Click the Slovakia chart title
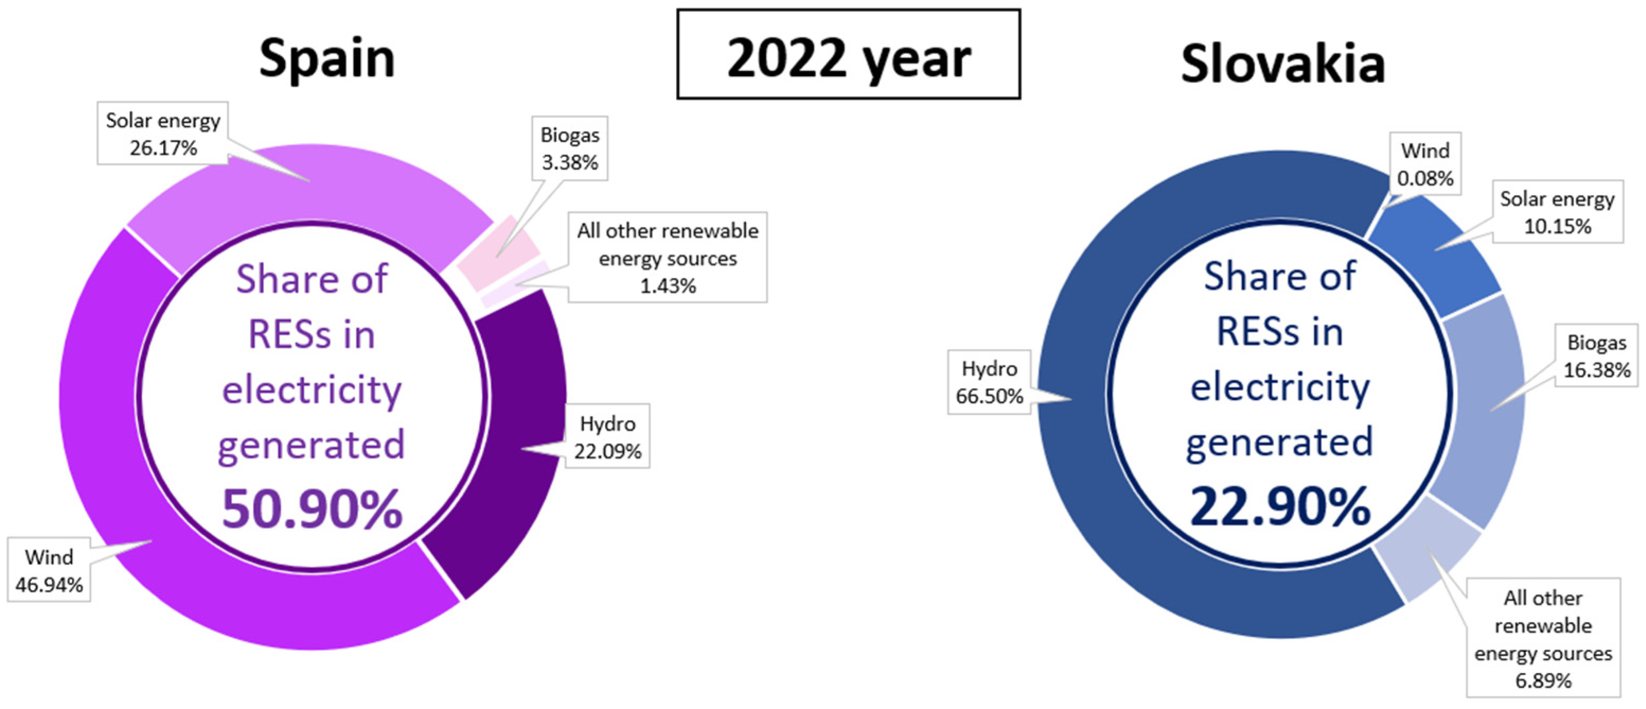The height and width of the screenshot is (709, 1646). pos(1283,64)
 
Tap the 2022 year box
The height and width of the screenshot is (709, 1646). pos(848,55)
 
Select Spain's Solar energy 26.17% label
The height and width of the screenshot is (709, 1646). pos(163,134)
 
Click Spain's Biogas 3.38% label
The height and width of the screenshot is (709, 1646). pos(570,148)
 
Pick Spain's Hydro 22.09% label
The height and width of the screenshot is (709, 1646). pos(607,437)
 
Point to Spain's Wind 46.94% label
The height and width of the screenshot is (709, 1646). pos(49,570)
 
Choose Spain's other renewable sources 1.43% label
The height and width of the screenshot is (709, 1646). pos(668,258)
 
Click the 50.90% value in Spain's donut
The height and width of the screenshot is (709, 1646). pos(312,509)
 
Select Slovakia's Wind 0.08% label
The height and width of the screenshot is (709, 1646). pos(1425,164)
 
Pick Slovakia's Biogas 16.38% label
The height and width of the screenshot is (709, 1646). pos(1596,356)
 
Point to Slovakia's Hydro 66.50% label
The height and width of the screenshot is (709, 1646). pos(989,382)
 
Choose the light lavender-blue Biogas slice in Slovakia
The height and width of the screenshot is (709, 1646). pos(1482,409)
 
